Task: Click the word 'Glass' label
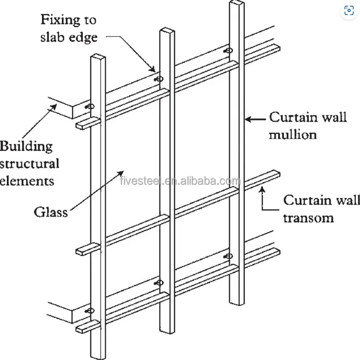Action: click(51, 211)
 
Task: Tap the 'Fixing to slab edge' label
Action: click(69, 28)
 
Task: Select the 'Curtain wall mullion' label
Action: click(308, 126)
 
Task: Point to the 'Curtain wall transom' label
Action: click(315, 209)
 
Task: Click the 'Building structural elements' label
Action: click(29, 163)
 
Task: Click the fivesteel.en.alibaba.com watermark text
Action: click(180, 181)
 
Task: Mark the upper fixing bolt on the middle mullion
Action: click(159, 79)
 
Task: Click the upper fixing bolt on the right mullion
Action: click(229, 51)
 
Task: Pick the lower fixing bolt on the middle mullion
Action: click(159, 283)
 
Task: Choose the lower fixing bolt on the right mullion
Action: click(228, 256)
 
